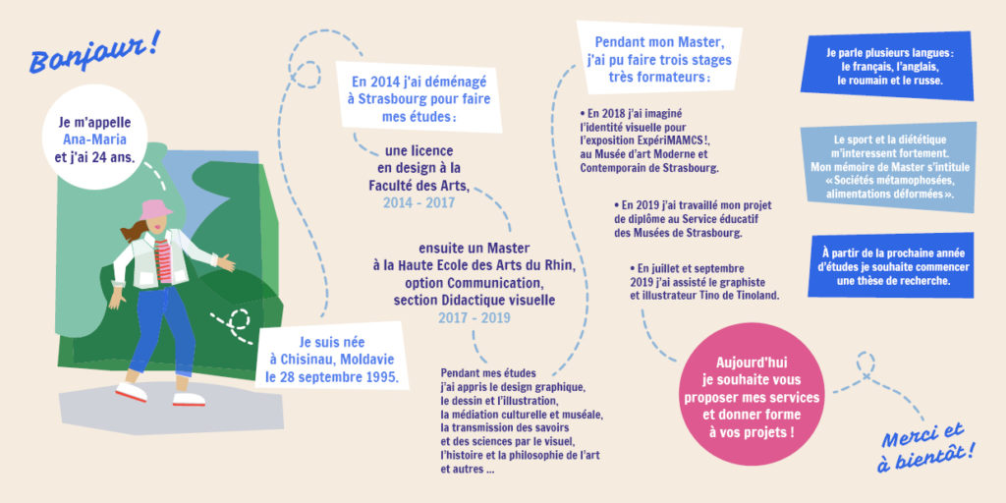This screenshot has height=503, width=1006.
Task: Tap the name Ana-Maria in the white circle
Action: point(94,140)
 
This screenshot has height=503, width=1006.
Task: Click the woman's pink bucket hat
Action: point(156,209)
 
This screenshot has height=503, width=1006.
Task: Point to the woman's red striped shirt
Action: point(164,259)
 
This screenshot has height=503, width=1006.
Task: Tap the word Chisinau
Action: point(311,360)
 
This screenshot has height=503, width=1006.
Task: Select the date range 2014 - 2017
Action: point(419,203)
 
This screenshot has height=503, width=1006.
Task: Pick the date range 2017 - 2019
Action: point(475,317)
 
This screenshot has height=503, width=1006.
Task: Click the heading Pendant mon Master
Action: point(660,43)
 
